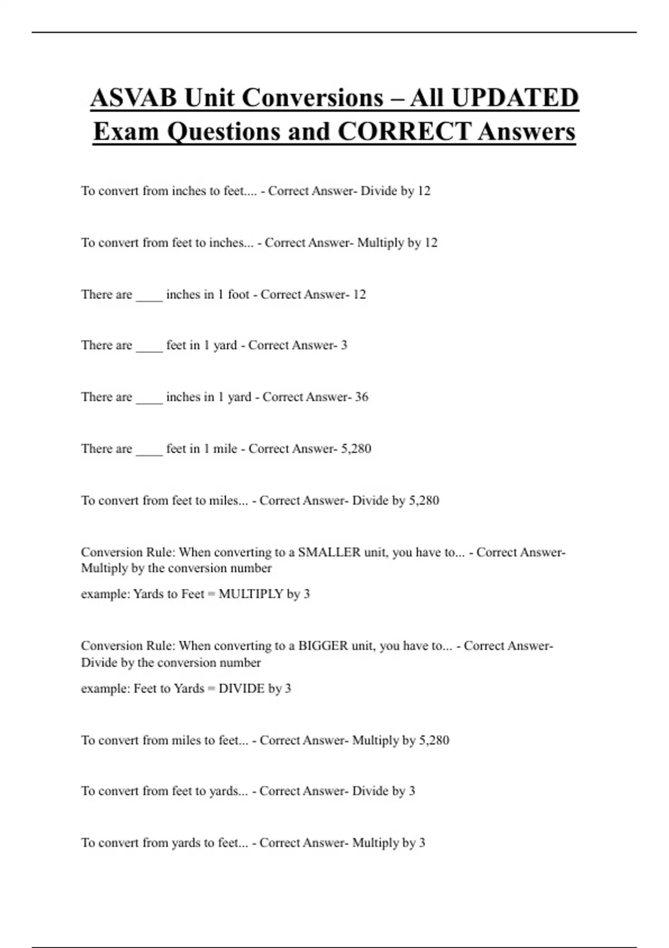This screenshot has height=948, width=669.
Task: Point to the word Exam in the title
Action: [127, 132]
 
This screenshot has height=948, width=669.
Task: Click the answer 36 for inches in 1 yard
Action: [362, 397]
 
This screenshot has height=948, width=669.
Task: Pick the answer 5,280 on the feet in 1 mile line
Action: [356, 449]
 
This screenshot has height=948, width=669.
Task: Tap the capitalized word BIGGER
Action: [323, 646]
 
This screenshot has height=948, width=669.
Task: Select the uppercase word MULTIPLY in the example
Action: [251, 594]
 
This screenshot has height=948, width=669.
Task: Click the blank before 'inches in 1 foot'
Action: [149, 296]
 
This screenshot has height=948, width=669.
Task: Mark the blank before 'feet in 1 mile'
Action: [149, 450]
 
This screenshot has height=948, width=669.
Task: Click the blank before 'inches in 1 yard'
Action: [149, 398]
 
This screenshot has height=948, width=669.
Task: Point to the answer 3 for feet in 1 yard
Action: [344, 345]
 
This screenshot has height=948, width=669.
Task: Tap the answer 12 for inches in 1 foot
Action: [360, 294]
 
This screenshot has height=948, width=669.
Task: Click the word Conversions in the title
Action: [284, 98]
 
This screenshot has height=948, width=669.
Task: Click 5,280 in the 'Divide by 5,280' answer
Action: [424, 501]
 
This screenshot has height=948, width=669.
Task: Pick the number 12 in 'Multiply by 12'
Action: [431, 243]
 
